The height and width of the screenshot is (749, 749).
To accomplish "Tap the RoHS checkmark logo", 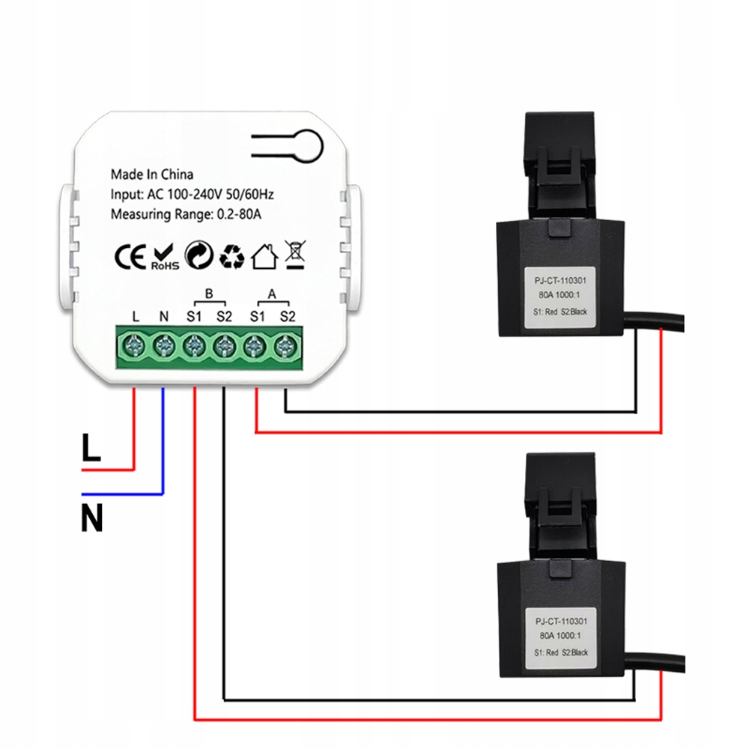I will tap(164, 256).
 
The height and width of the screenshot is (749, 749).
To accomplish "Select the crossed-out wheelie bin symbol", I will tap(294, 255).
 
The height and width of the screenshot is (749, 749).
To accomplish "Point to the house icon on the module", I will tap(263, 256).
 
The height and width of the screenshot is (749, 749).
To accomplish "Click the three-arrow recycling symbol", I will tap(231, 256).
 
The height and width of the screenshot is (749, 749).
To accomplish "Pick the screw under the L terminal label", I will tap(135, 347).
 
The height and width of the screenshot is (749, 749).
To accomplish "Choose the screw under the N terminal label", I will tap(164, 347).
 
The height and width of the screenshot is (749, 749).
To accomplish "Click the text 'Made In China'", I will tap(152, 175).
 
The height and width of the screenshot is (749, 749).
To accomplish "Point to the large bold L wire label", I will tap(91, 449).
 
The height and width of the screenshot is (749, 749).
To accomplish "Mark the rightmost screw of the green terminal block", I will tap(285, 347).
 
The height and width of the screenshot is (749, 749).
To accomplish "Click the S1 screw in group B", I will tap(194, 347).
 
